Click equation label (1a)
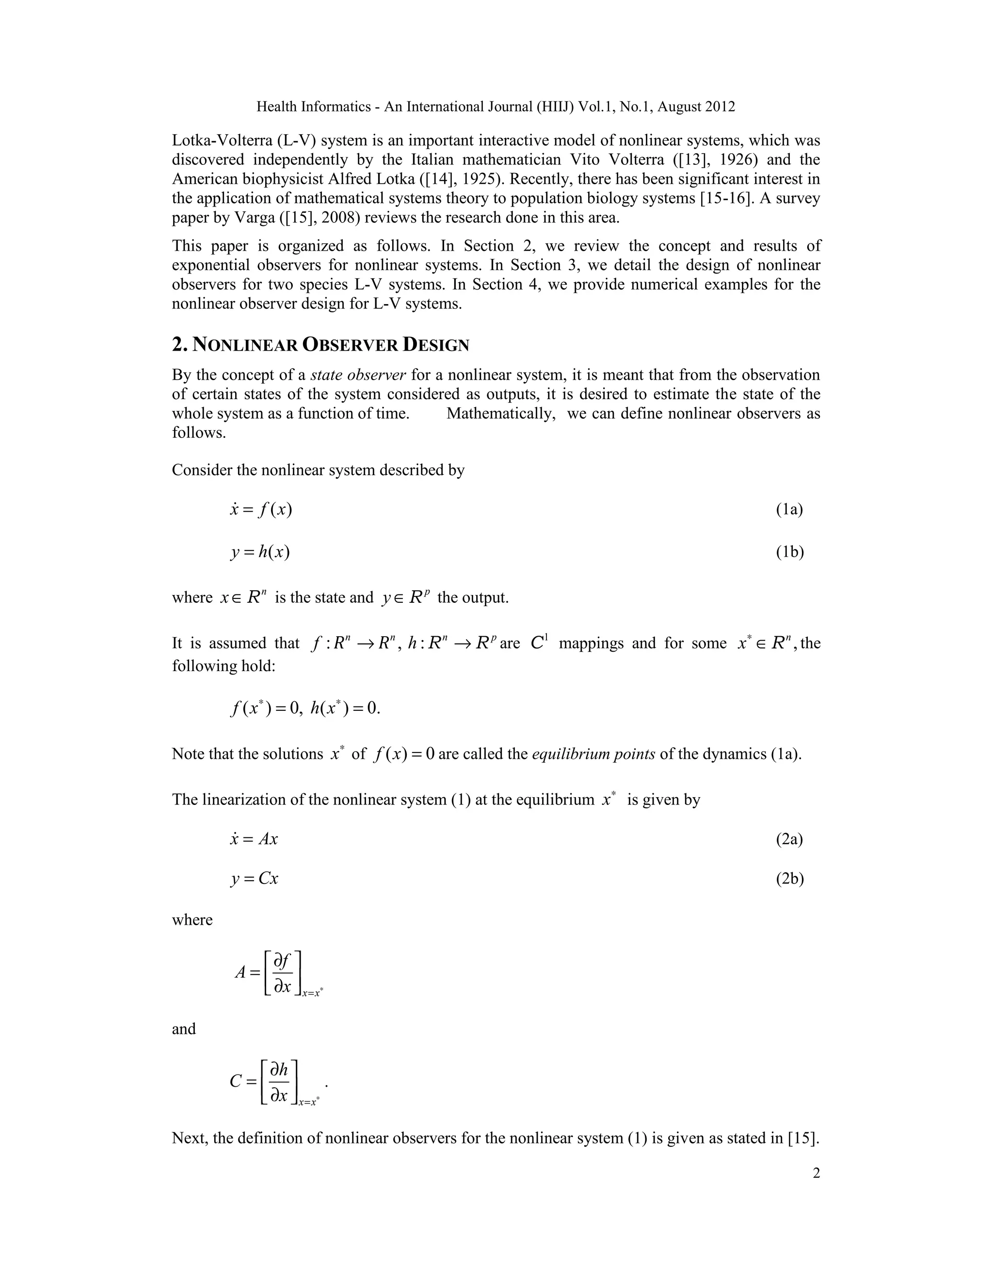[x=789, y=510]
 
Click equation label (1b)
[x=789, y=552]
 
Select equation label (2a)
[x=789, y=838]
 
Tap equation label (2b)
[x=789, y=879]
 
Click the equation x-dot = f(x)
[x=260, y=510]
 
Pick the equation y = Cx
[x=254, y=879]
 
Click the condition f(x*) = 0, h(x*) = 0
[x=305, y=708]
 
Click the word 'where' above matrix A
[x=192, y=919]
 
